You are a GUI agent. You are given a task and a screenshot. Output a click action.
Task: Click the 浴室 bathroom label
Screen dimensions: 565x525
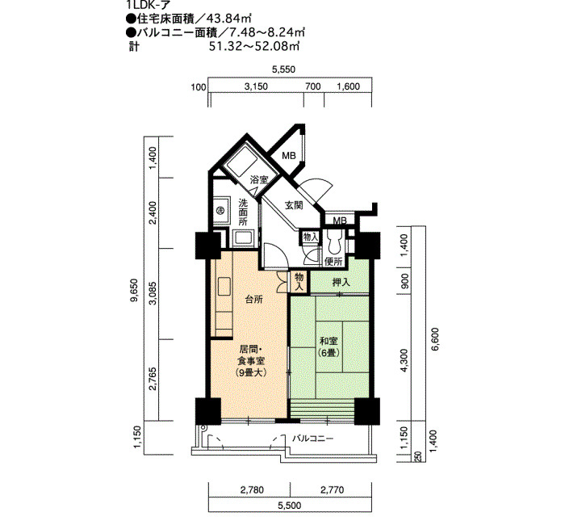pos(259,179)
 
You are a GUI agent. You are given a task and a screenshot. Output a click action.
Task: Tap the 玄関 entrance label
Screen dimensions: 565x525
pos(294,205)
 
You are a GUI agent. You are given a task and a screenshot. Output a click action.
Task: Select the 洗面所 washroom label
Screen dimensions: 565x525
pos(243,212)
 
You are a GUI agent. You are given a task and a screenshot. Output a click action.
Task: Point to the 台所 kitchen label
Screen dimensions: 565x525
pos(253,300)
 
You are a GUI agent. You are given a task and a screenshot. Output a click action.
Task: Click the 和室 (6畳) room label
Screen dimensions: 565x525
pos(329,346)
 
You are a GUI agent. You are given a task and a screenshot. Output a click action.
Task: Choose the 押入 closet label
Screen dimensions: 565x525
pos(341,283)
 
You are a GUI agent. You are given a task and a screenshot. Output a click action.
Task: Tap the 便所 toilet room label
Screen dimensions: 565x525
pos(333,261)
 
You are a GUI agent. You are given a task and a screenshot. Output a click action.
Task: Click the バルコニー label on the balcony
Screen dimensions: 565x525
pos(312,439)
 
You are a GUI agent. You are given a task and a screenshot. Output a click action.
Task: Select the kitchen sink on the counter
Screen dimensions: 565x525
pos(224,287)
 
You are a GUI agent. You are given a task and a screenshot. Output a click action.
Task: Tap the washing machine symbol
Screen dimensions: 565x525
pos(220,210)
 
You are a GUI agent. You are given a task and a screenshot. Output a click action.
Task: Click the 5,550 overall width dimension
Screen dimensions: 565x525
pos(283,69)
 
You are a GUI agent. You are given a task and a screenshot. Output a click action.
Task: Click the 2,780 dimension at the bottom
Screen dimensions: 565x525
pos(252,489)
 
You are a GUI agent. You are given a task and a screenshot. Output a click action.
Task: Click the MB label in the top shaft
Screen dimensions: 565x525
pos(289,155)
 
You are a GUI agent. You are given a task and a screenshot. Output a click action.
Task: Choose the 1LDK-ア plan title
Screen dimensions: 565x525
pos(146,4)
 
